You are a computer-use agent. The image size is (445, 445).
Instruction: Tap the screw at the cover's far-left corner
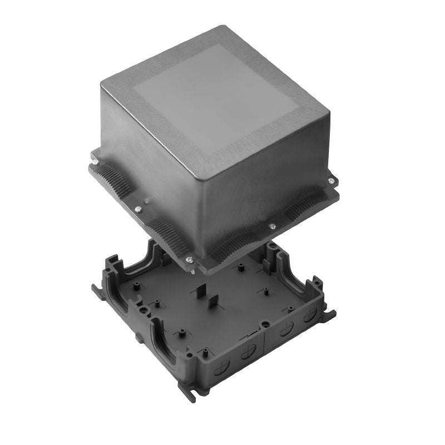(x=95, y=162)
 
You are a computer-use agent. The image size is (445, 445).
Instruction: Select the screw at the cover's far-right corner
(x=332, y=180)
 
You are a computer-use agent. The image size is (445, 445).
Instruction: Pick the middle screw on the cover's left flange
(x=137, y=209)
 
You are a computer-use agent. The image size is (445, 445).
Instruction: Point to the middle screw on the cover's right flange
(x=272, y=226)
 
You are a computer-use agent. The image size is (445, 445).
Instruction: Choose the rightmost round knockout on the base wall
(x=311, y=315)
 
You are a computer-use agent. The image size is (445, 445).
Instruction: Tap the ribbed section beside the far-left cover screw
(x=109, y=177)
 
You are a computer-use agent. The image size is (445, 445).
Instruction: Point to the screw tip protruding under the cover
(x=192, y=271)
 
